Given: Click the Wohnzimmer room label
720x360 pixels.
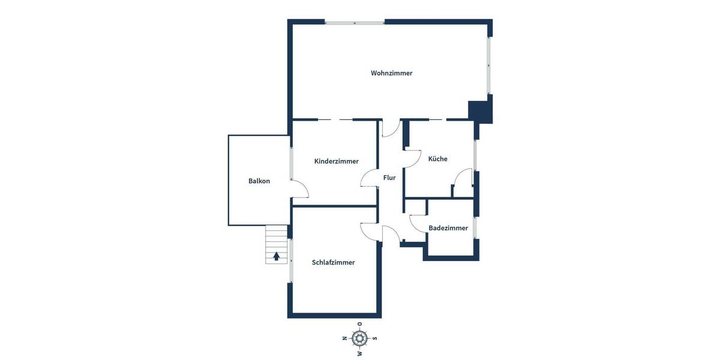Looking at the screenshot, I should click(x=391, y=73).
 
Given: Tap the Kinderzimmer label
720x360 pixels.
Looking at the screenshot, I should click(x=336, y=161).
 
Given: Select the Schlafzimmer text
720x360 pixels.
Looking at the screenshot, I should click(x=333, y=262).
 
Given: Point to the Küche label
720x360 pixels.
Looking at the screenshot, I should click(x=437, y=159).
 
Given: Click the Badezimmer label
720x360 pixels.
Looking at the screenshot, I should click(x=448, y=228).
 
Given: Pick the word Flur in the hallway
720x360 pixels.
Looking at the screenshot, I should click(x=389, y=178).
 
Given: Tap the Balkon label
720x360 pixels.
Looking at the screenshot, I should click(x=259, y=181).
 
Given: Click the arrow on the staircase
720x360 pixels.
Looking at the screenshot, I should click(x=277, y=256).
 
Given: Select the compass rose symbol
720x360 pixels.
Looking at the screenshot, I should click(x=359, y=338).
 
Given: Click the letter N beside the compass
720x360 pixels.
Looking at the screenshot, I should click(x=344, y=338).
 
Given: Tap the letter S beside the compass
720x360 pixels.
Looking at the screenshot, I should click(x=375, y=338).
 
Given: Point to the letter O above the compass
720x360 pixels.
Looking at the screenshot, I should click(x=359, y=325).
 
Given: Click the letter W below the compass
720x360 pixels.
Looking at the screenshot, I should click(x=359, y=353).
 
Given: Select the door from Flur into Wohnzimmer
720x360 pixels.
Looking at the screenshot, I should click(x=391, y=128).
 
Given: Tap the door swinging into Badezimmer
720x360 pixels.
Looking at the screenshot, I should click(x=418, y=221).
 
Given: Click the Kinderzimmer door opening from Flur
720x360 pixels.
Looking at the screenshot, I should click(x=369, y=179).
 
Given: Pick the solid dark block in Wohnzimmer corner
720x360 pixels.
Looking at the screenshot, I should click(x=480, y=112).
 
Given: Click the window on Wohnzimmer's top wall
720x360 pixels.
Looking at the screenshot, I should click(x=355, y=23).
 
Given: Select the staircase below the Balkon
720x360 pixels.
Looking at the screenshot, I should click(x=277, y=245).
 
